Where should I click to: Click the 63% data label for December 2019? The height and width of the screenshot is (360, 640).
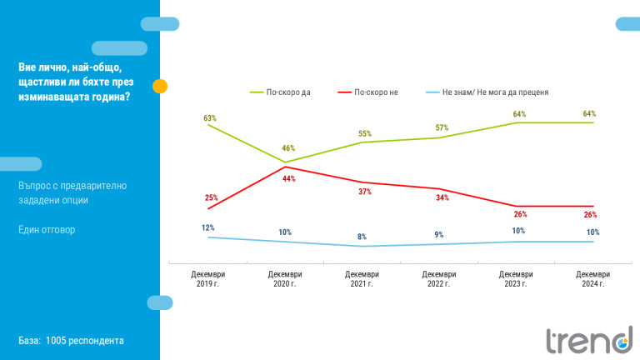[210, 118]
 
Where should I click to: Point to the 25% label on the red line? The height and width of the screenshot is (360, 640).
[211, 197]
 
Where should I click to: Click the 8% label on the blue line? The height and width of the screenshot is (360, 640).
[362, 237]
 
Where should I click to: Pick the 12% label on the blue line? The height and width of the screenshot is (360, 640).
[208, 227]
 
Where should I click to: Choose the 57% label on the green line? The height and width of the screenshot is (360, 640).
[442, 128]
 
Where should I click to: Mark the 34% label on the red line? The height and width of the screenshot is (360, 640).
[442, 197]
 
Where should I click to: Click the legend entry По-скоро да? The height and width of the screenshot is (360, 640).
[288, 92]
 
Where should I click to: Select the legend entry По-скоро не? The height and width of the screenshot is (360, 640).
[376, 92]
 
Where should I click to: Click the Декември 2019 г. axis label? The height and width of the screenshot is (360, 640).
[207, 278]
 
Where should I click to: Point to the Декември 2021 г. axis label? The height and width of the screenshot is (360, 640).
[362, 278]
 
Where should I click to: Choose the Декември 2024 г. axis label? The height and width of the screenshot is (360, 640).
[592, 278]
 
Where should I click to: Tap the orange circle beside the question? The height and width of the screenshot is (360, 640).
[161, 85]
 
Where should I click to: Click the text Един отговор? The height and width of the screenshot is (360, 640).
[47, 229]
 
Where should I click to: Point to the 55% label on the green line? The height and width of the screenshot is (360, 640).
[365, 133]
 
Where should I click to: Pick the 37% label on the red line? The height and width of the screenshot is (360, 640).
[365, 192]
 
